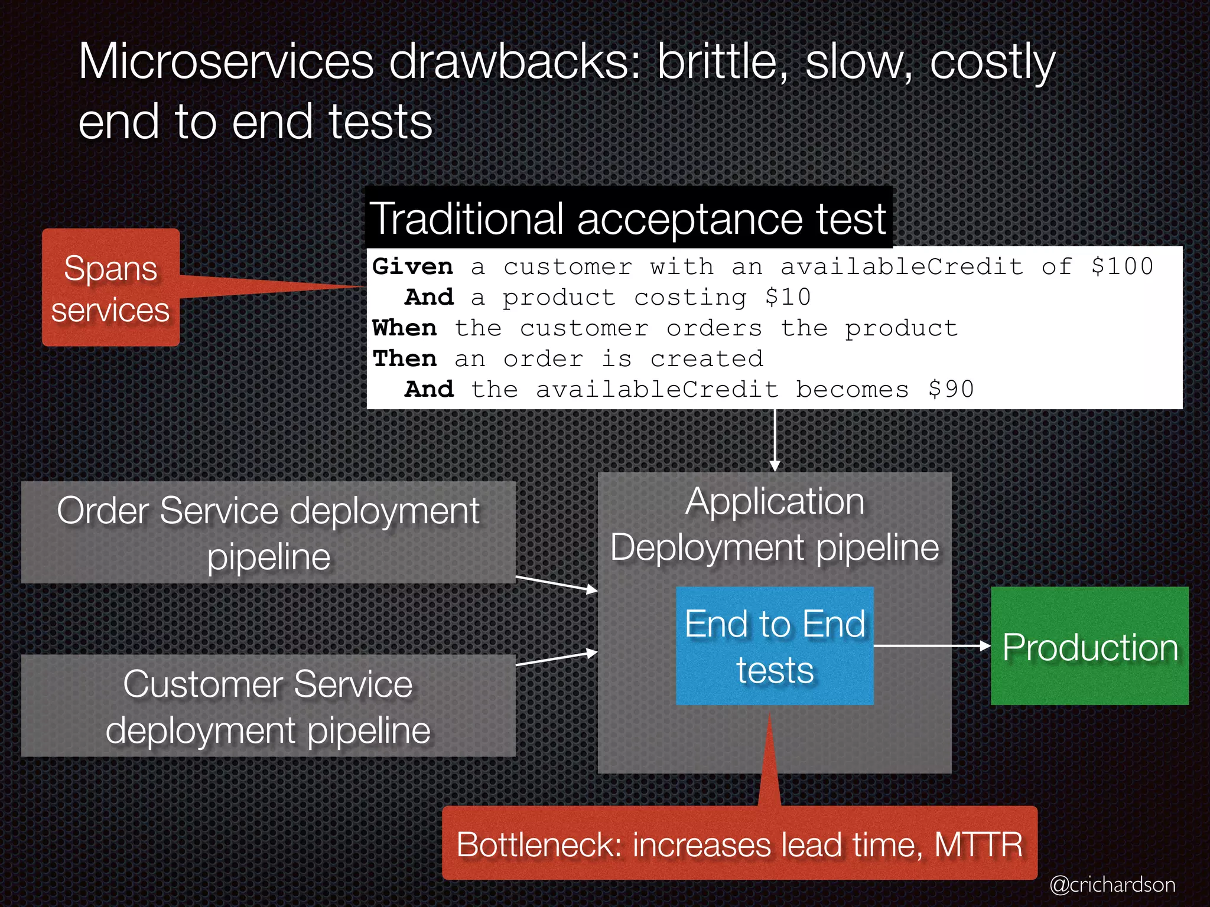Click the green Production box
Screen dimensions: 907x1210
click(x=1089, y=646)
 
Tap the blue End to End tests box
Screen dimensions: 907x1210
click(x=775, y=646)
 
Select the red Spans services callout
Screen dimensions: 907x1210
click(x=110, y=288)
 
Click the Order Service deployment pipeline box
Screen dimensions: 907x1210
click(x=268, y=533)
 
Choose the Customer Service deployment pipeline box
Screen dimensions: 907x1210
click(x=268, y=706)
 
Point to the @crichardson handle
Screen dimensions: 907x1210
click(x=1112, y=885)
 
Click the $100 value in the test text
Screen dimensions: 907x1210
click(x=1121, y=266)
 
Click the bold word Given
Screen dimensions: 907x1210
click(x=412, y=266)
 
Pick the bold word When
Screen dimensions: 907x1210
click(x=405, y=328)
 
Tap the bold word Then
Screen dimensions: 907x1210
click(x=405, y=358)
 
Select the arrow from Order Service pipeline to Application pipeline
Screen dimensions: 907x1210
click(x=557, y=583)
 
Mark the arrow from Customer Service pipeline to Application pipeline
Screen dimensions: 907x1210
click(x=557, y=658)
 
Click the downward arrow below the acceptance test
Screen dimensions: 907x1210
click(x=775, y=440)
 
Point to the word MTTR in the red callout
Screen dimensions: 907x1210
click(x=978, y=844)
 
